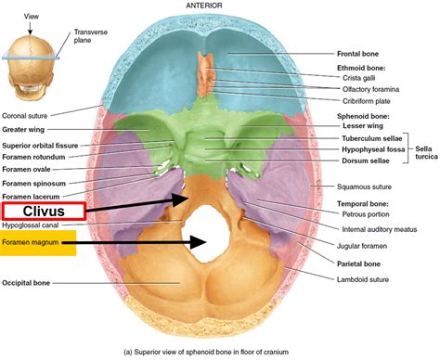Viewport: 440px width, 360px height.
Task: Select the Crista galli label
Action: click(x=351, y=78)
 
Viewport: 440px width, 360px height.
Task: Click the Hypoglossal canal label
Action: click(x=32, y=225)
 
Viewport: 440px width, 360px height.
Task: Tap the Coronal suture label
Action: click(x=30, y=115)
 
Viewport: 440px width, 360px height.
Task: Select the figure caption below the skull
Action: click(x=220, y=351)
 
